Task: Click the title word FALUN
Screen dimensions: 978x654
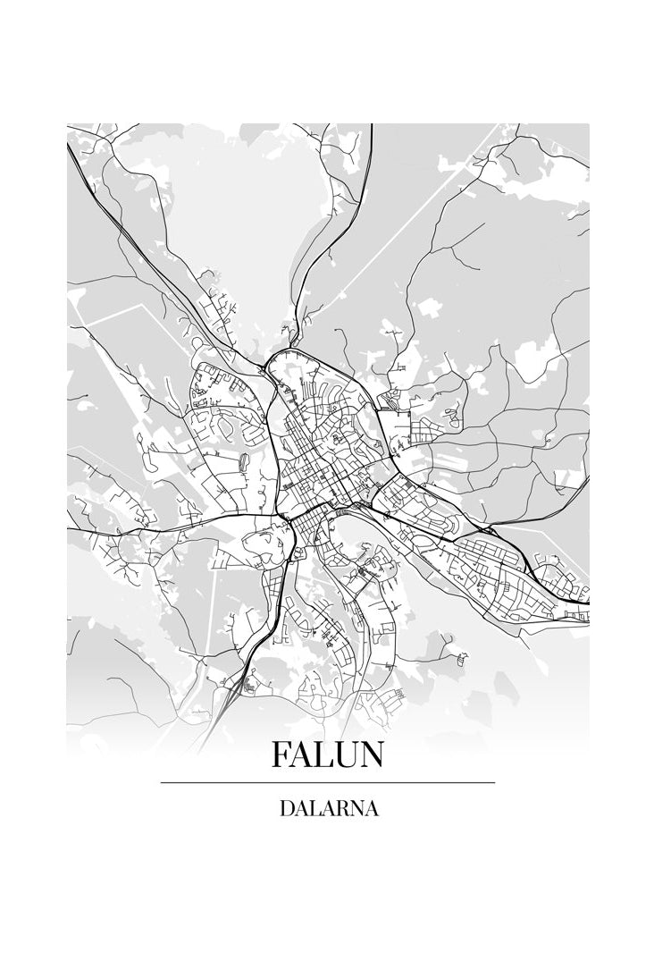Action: tap(327, 755)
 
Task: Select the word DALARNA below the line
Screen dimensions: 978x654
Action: tap(328, 809)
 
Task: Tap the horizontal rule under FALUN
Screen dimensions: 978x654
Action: tap(327, 782)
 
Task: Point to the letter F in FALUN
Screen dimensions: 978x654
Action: tap(281, 755)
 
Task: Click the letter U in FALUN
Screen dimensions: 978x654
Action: tap(344, 755)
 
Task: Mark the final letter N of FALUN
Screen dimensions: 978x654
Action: tap(371, 755)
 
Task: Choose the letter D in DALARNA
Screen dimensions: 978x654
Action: tap(287, 809)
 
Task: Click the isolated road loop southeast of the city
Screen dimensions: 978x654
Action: tap(460, 657)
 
